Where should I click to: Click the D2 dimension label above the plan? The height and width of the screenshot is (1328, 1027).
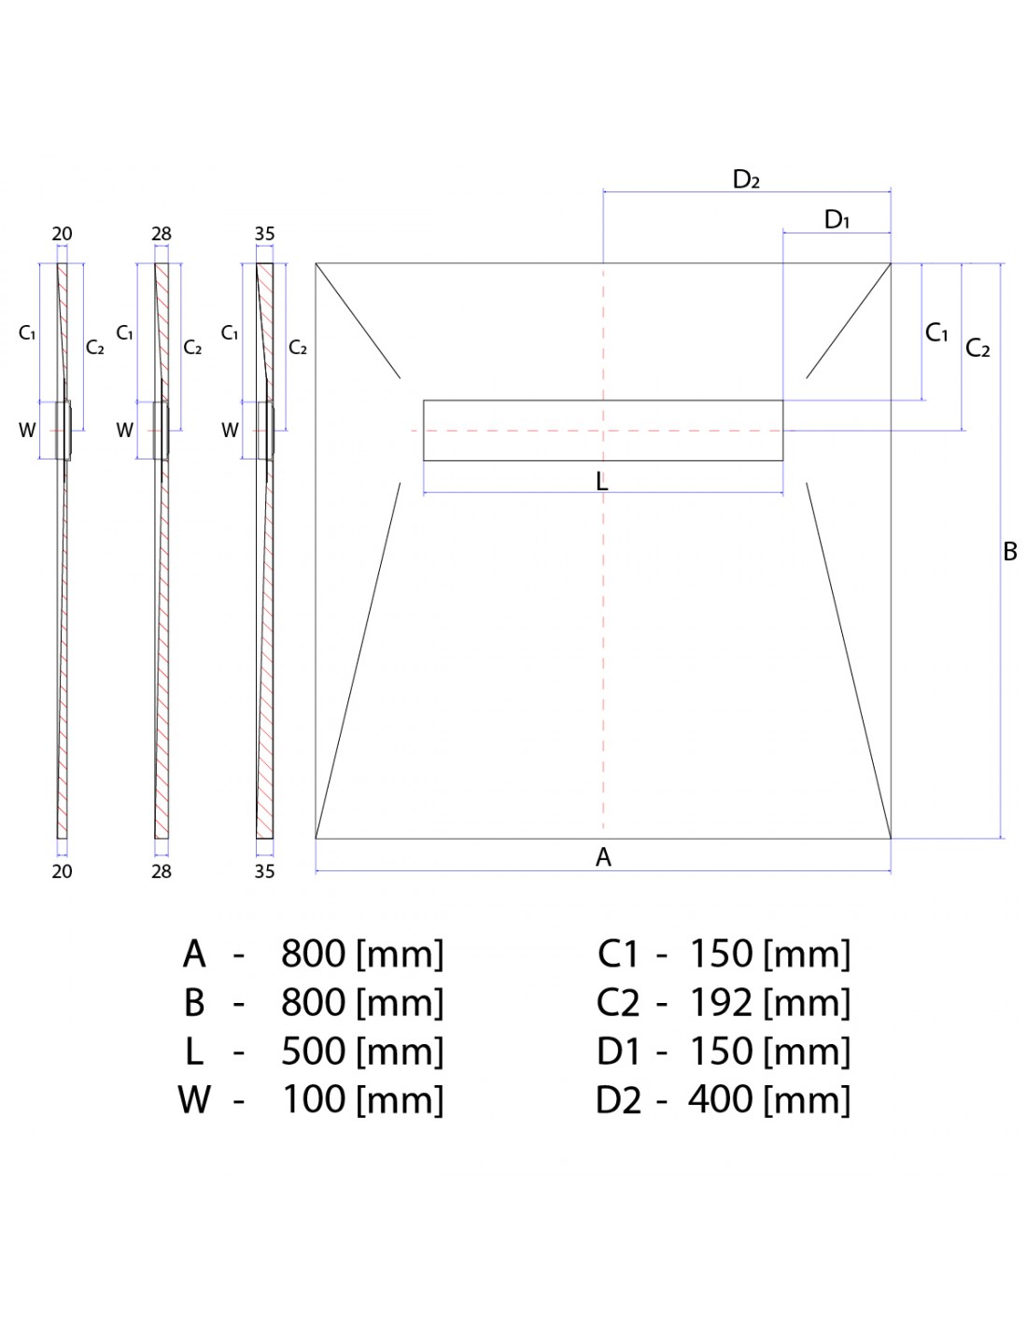pyautogui.click(x=746, y=179)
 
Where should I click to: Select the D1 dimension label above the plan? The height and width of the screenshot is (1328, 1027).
pyautogui.click(x=837, y=219)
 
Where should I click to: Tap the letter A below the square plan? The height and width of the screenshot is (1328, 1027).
pyautogui.click(x=603, y=857)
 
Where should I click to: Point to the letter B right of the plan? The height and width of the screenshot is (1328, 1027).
pyautogui.click(x=1010, y=552)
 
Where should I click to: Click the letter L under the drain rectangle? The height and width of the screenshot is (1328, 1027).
pyautogui.click(x=602, y=482)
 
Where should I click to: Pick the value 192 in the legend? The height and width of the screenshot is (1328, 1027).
pyautogui.click(x=721, y=1003)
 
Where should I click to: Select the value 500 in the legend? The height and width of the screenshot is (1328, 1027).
pyautogui.click(x=313, y=1052)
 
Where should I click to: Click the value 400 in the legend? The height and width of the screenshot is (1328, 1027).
pyautogui.click(x=721, y=1099)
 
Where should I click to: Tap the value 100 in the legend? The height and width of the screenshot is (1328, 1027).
pyautogui.click(x=313, y=1099)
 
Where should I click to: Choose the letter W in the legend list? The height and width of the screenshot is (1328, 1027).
pyautogui.click(x=194, y=1099)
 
